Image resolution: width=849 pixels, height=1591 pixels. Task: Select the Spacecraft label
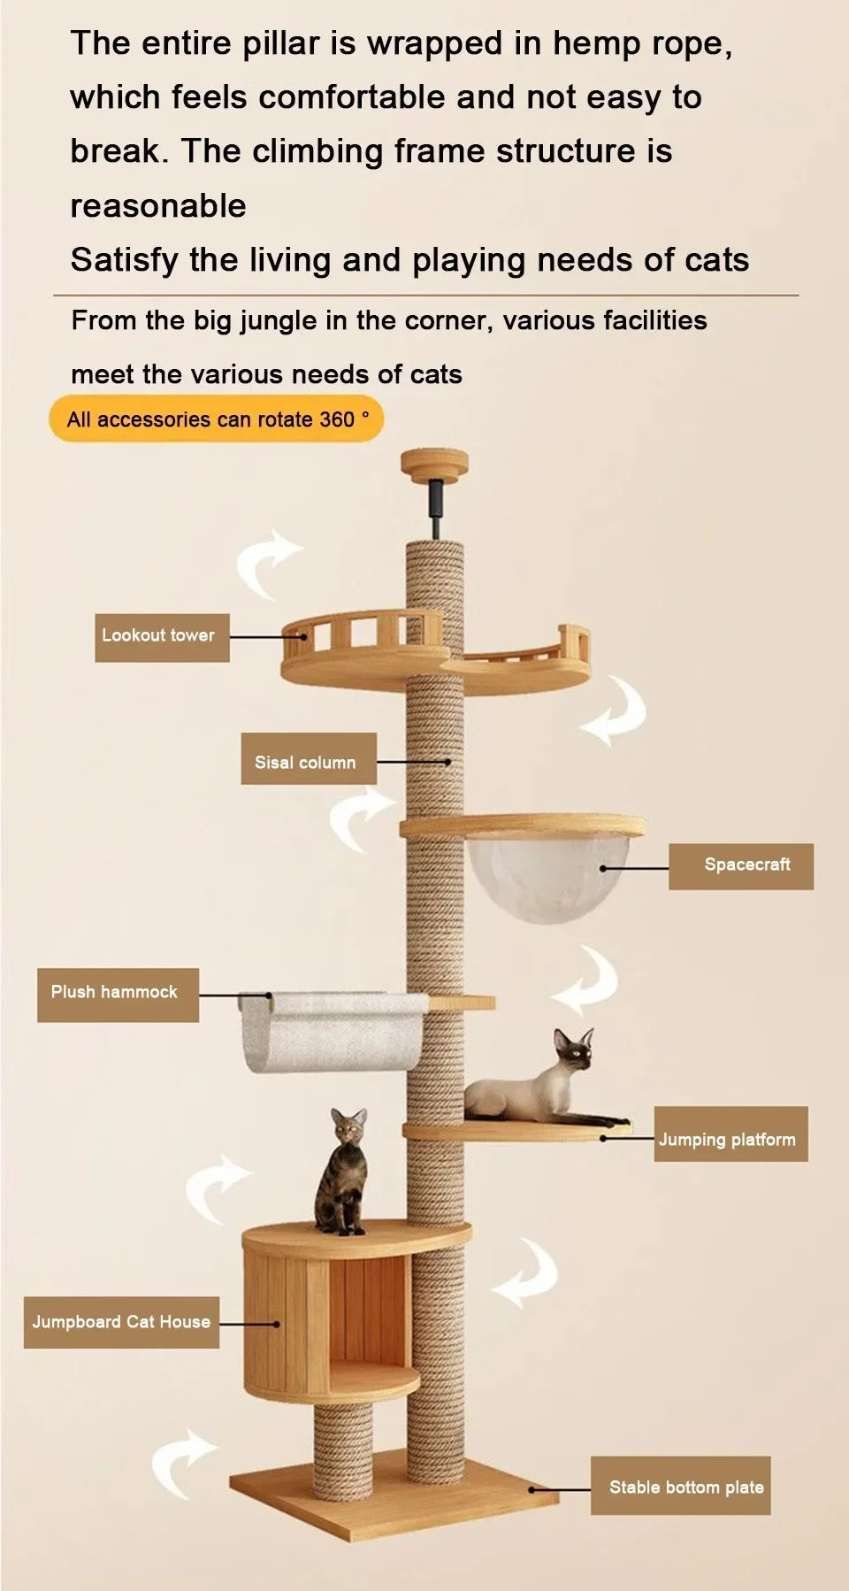740,866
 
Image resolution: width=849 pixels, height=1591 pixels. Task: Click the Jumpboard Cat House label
121,1322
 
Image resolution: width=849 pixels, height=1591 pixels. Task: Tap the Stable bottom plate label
680,1486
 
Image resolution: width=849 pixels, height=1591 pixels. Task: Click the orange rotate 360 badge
217,419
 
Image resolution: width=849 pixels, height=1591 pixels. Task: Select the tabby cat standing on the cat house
343,1175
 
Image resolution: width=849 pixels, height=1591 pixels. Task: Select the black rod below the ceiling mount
435,506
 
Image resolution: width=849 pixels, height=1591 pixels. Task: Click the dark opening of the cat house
367,1310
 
